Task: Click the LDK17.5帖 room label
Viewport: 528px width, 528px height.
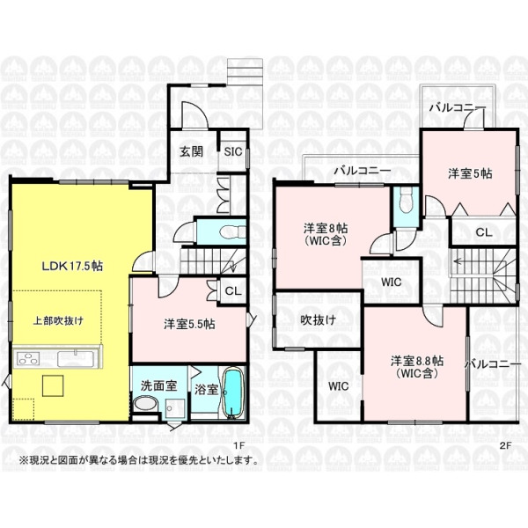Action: (x=72, y=266)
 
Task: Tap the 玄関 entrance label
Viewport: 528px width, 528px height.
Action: (x=191, y=151)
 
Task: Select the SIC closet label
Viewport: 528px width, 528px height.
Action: (x=233, y=151)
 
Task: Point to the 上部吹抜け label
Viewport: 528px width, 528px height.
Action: (x=58, y=320)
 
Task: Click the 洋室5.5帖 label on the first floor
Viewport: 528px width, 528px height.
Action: (x=189, y=324)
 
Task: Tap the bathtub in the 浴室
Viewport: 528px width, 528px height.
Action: (x=231, y=393)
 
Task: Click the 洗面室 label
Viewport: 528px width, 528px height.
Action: (x=158, y=385)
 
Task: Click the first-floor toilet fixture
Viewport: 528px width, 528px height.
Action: (x=231, y=232)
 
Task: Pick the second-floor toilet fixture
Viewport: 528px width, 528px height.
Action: (x=405, y=200)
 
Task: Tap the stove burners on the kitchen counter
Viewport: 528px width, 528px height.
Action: (x=28, y=358)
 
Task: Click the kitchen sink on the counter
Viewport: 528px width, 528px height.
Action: (x=75, y=358)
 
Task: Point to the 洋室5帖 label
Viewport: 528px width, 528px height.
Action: (x=470, y=173)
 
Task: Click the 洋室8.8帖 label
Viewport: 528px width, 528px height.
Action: (x=417, y=361)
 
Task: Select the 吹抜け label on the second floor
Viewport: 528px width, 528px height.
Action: (x=319, y=319)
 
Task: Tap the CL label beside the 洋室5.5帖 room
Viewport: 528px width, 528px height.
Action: (x=233, y=291)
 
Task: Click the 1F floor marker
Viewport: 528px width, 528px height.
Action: (x=238, y=445)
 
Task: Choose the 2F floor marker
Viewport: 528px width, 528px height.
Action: (x=505, y=445)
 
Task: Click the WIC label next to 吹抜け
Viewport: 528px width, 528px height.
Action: (x=339, y=386)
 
